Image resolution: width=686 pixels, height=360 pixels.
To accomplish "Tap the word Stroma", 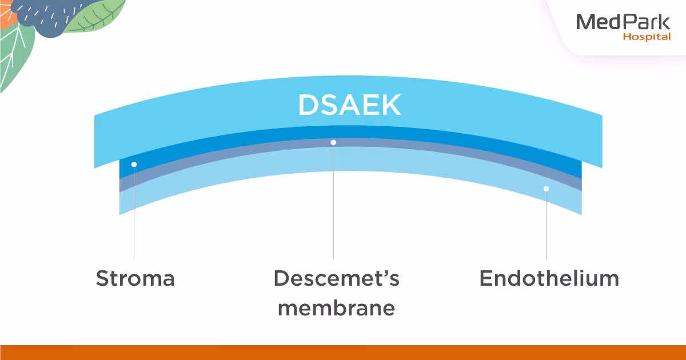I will [135, 279].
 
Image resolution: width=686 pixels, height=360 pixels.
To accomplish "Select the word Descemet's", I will [336, 279].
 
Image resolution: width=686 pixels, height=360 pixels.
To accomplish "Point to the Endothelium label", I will [549, 279].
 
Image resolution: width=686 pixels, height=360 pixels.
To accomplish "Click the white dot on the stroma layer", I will [134, 165].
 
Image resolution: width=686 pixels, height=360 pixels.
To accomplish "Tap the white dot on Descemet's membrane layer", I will [333, 142].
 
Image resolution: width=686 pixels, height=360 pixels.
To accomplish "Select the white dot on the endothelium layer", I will [546, 189].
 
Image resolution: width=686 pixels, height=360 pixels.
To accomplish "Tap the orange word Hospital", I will [647, 37].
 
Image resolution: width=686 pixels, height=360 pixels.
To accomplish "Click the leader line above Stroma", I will [134, 217].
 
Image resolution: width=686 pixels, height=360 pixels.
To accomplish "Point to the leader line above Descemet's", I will [333, 206].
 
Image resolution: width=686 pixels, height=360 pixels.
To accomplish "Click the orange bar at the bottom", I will [343, 352].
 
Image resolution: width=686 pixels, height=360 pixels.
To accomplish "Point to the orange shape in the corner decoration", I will [7, 14].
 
